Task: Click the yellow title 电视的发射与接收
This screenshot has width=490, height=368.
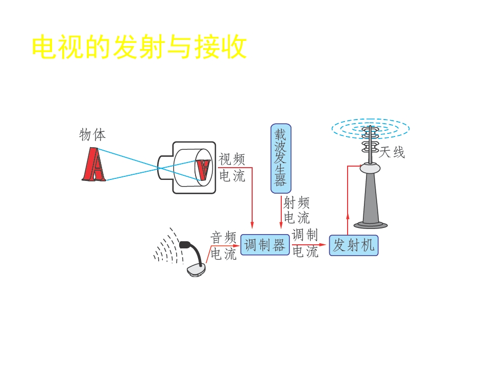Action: point(139,47)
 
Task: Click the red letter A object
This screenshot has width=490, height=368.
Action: point(94,165)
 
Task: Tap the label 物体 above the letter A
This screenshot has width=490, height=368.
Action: point(92,134)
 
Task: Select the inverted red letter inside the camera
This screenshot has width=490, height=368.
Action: point(203,169)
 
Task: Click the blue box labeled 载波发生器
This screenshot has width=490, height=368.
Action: point(281,158)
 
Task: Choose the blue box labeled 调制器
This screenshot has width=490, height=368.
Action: point(265,245)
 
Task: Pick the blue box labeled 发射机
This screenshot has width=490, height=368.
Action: point(353,245)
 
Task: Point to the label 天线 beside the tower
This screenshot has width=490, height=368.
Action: point(392,152)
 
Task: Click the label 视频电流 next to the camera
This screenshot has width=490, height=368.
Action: point(232,168)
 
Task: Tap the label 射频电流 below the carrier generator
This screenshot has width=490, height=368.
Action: point(297,210)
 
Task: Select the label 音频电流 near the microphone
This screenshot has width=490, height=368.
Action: point(223,246)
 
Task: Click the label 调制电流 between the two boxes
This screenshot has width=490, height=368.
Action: point(305,243)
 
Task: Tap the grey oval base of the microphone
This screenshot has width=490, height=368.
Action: point(196,270)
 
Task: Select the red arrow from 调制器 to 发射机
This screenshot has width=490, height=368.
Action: point(309,245)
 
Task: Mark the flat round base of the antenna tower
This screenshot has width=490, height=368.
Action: point(371,224)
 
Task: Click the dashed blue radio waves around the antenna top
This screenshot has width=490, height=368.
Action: point(371,128)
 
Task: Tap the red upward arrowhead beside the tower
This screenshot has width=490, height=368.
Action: point(348,217)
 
